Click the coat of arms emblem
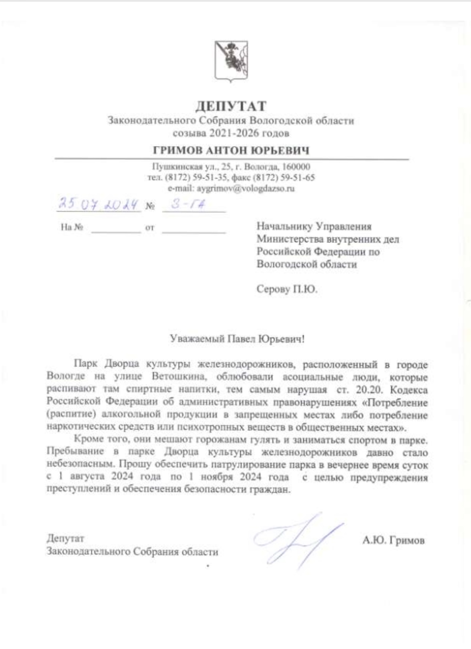(231, 61)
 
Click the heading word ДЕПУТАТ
(231, 106)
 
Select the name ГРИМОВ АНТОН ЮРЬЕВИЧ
(231, 151)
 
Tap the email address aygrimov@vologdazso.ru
(245, 189)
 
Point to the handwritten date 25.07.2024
(98, 204)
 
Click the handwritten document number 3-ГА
(189, 204)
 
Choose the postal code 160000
(296, 167)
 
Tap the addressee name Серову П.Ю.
(287, 289)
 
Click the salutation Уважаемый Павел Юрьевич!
(237, 339)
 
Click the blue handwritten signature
(298, 539)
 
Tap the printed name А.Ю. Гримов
(393, 540)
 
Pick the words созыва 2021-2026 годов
(231, 133)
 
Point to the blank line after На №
(116, 228)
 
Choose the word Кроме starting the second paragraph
(88, 440)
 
